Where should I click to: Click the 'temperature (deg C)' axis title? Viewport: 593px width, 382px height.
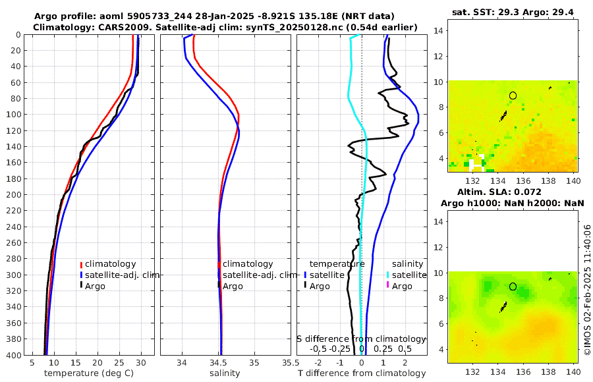(88, 373)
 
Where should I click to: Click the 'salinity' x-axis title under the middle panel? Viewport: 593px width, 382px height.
(225, 373)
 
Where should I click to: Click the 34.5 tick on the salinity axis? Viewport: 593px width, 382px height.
(220, 362)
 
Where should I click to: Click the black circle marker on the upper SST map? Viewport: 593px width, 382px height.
(513, 95)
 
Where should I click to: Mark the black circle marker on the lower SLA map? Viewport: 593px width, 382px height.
(513, 286)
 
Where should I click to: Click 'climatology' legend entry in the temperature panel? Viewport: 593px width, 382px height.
(110, 263)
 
